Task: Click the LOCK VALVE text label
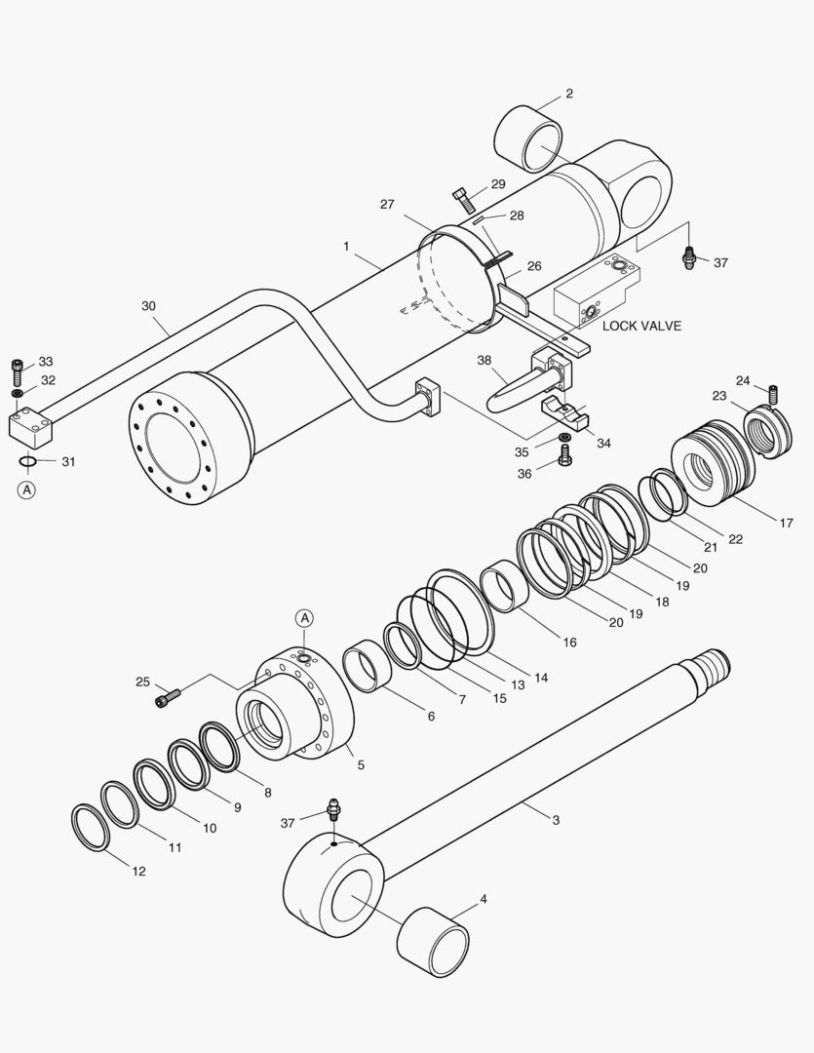pyautogui.click(x=641, y=326)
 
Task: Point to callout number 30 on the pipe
pyautogui.click(x=148, y=305)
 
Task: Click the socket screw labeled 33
pyautogui.click(x=18, y=370)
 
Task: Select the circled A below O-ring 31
pyautogui.click(x=26, y=489)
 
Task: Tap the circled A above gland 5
pyautogui.click(x=304, y=618)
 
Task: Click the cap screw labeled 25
pyautogui.click(x=168, y=697)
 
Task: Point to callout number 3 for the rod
pyautogui.click(x=556, y=820)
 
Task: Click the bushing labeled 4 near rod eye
pyautogui.click(x=433, y=940)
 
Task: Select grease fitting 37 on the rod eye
pyautogui.click(x=332, y=808)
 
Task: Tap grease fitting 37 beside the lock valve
pyautogui.click(x=689, y=257)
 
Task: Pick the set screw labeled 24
pyautogui.click(x=774, y=395)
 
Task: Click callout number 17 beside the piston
pyautogui.click(x=786, y=523)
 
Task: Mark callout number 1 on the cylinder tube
pyautogui.click(x=345, y=247)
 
